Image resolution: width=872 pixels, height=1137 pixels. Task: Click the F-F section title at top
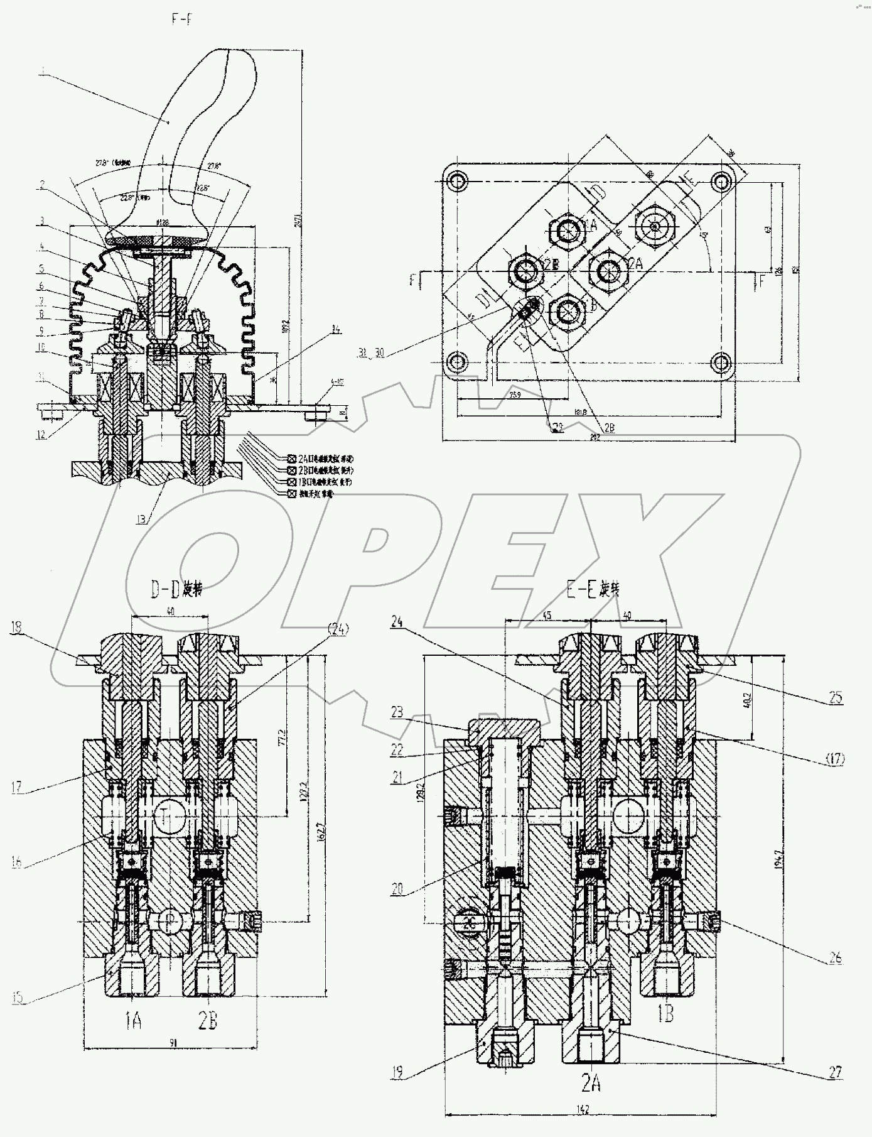pyautogui.click(x=181, y=19)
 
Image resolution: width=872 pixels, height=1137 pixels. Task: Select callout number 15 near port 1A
pyautogui.click(x=19, y=996)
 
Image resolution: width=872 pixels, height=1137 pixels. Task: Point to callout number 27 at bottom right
pyautogui.click(x=834, y=1072)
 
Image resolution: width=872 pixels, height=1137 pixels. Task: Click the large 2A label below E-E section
pyautogui.click(x=592, y=1084)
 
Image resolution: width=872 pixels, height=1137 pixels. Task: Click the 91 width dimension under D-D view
pyautogui.click(x=172, y=1042)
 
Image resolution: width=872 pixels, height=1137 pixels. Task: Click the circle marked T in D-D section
pyautogui.click(x=170, y=816)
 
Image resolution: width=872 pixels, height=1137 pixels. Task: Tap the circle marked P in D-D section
pyautogui.click(x=170, y=920)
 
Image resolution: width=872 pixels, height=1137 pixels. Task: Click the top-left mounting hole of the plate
pyautogui.click(x=458, y=182)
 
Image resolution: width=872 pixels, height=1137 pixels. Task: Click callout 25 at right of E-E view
pyautogui.click(x=835, y=698)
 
